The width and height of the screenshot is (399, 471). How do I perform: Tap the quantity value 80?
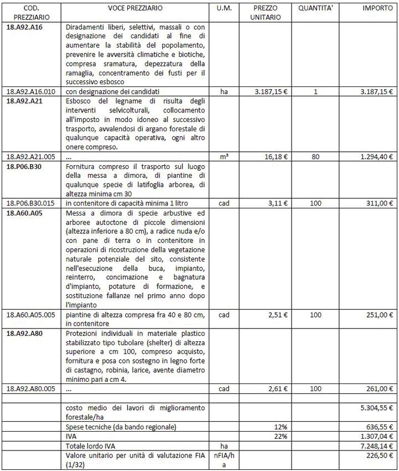[x=315, y=157]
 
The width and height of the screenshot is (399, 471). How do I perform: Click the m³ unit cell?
[x=224, y=157]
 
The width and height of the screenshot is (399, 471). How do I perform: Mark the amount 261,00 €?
[x=379, y=389]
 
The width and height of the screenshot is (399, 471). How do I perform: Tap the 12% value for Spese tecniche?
[x=281, y=427]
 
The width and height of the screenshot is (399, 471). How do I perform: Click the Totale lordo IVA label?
[x=91, y=446]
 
